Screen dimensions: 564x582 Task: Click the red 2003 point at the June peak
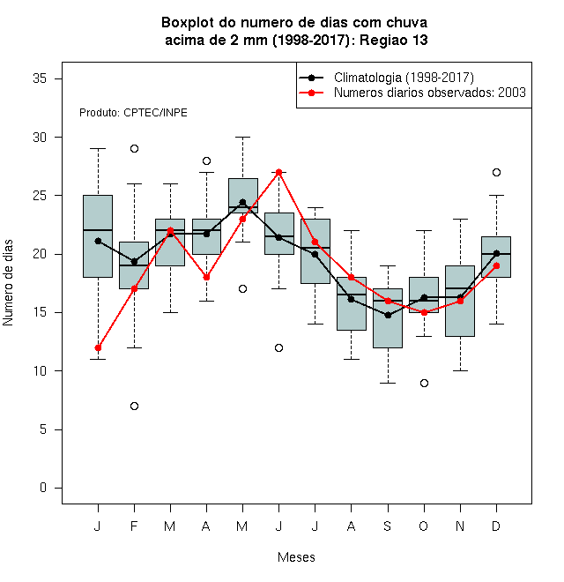[279, 172]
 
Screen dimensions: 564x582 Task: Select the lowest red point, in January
[98, 347]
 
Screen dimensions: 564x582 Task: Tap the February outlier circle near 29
[134, 149]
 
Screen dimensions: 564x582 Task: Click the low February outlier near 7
[134, 406]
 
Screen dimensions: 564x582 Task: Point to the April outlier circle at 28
[207, 160]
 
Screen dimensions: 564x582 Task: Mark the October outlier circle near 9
[424, 383]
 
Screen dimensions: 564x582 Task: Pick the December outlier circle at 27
[496, 172]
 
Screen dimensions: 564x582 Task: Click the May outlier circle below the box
[242, 288]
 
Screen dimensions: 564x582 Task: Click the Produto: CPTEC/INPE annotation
[133, 113]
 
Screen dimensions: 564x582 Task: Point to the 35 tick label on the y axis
[40, 78]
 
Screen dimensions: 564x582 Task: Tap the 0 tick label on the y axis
[43, 488]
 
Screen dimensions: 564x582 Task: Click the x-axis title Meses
[296, 557]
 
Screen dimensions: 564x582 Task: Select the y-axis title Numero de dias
[8, 283]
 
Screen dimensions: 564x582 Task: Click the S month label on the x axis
[388, 526]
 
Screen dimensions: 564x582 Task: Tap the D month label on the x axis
[496, 526]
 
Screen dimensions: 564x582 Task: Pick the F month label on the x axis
[134, 526]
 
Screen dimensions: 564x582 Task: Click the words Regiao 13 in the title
[394, 40]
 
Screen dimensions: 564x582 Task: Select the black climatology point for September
[388, 315]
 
